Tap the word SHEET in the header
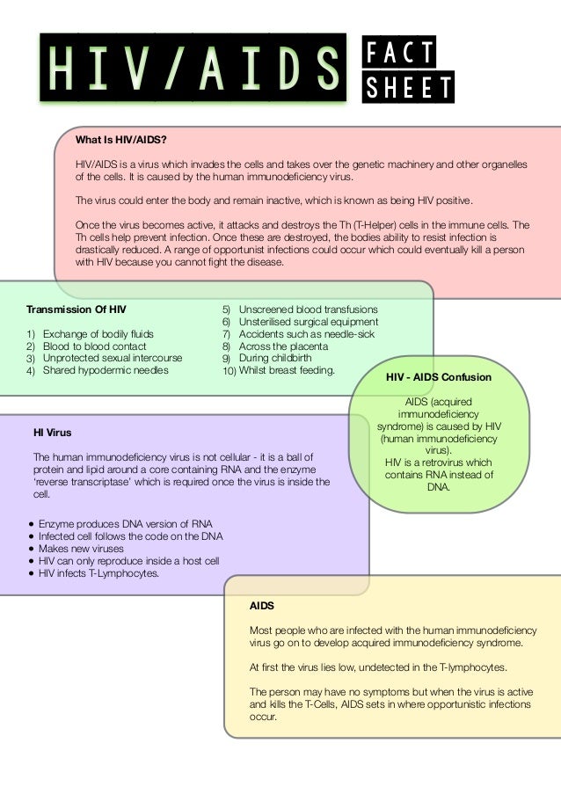[410, 86]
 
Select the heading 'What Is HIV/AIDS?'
[121, 140]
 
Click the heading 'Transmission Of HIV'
[76, 310]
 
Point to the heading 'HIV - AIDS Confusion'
[439, 377]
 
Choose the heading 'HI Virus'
[53, 433]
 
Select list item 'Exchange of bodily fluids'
[98, 334]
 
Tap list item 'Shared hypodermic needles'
[106, 370]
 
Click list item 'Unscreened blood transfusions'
[308, 310]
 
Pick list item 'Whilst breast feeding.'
[287, 370]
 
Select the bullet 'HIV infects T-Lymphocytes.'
[99, 573]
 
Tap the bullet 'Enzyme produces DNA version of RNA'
[120, 524]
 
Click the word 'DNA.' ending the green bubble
[438, 487]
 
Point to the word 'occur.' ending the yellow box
[264, 717]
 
